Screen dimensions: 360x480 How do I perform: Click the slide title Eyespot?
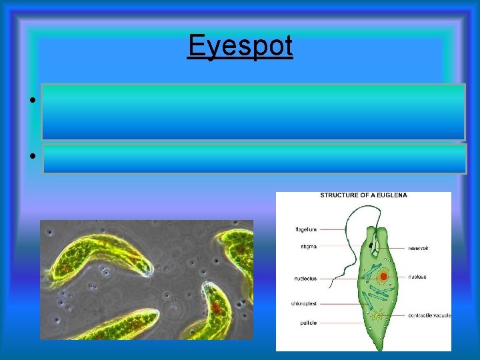pos(240,46)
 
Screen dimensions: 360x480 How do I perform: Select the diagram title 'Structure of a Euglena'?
pos(363,195)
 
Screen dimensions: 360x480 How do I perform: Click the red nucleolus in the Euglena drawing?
pos(383,276)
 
